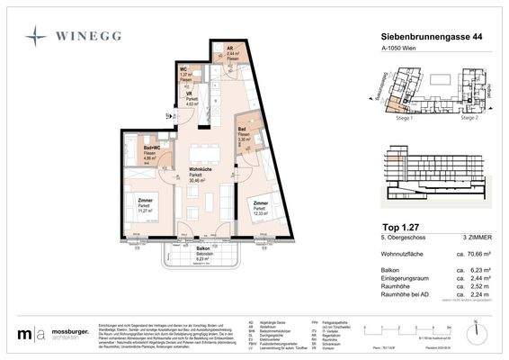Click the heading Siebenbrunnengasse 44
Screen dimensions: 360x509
click(418, 35)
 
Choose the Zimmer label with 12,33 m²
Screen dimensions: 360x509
click(260, 205)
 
